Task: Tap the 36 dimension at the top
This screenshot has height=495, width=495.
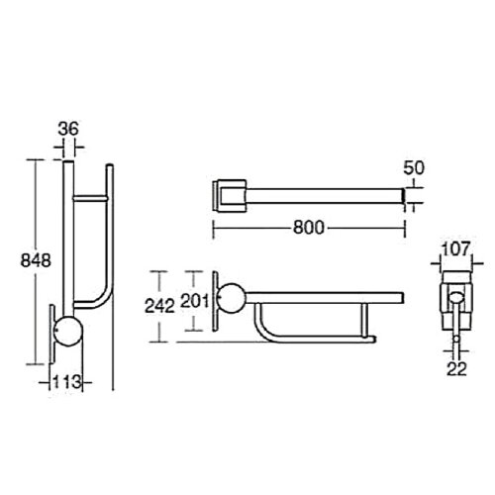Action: coord(67,128)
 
